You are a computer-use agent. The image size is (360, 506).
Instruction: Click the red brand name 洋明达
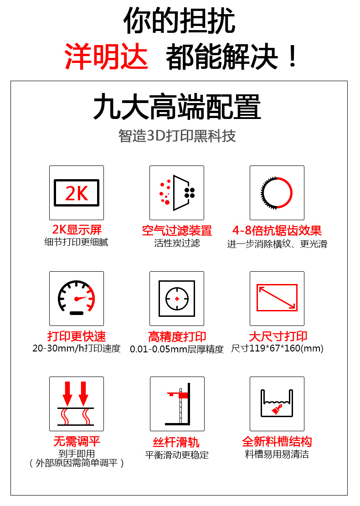(x=106, y=57)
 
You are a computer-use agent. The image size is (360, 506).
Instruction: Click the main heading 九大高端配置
(x=177, y=107)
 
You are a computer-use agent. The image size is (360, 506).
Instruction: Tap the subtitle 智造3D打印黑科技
(x=177, y=136)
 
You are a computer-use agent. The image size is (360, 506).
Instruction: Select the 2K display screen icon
(x=77, y=193)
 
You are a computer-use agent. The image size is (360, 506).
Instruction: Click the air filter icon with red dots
(x=177, y=193)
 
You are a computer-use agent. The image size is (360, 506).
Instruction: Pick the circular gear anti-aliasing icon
(x=277, y=193)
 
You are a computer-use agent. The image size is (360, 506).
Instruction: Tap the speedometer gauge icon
(x=77, y=299)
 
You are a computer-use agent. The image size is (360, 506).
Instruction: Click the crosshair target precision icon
(x=177, y=299)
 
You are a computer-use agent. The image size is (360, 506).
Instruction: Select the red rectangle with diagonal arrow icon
(x=277, y=299)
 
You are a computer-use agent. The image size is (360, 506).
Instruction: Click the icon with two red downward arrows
(x=77, y=404)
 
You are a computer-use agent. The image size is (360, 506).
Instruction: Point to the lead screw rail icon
(x=177, y=404)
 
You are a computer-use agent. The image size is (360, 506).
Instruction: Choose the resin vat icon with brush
(x=277, y=404)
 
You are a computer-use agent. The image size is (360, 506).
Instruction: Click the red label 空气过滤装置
(x=177, y=231)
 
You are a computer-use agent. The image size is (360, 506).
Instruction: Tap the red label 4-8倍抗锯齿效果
(x=277, y=230)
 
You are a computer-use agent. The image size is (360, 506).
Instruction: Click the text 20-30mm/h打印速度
(x=77, y=349)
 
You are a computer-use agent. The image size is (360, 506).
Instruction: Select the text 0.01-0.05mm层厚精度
(x=177, y=350)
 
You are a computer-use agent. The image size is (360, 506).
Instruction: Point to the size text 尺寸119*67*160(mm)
(x=277, y=349)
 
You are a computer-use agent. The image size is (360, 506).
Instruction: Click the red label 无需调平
(x=77, y=442)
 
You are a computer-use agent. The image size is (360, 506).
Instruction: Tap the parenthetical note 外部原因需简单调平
(x=77, y=463)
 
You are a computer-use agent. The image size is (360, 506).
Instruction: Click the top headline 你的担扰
(x=180, y=21)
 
